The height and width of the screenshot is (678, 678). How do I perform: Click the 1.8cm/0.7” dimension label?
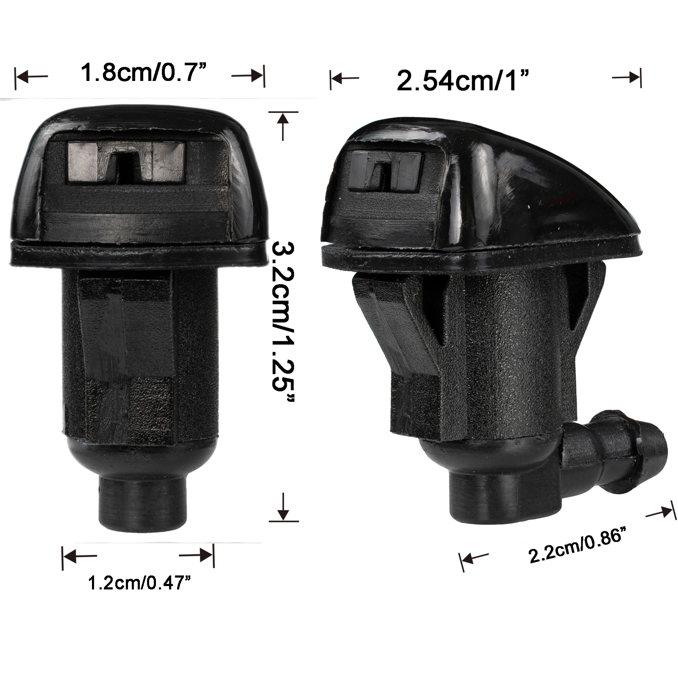(x=140, y=72)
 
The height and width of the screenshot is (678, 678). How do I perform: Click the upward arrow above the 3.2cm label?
(x=283, y=125)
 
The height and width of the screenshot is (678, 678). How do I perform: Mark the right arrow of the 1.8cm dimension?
(x=248, y=77)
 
